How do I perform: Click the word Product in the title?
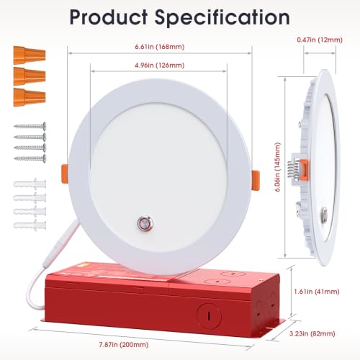(x=109, y=17)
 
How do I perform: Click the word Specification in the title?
(x=222, y=18)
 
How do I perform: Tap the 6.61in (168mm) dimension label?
(x=160, y=47)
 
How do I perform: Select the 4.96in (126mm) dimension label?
(x=160, y=65)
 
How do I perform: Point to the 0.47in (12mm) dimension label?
(x=320, y=40)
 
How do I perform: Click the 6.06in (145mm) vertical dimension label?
(x=278, y=167)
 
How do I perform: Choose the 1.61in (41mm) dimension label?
(x=317, y=292)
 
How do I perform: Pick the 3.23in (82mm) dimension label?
(x=312, y=333)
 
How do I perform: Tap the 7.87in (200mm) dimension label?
(x=124, y=345)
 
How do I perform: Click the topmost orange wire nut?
(x=30, y=55)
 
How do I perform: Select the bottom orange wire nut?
(x=30, y=97)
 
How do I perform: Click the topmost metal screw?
(x=30, y=125)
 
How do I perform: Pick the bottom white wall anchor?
(x=30, y=225)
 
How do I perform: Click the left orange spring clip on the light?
(x=65, y=174)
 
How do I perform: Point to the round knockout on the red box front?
(x=209, y=316)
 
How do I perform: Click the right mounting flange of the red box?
(x=276, y=328)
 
